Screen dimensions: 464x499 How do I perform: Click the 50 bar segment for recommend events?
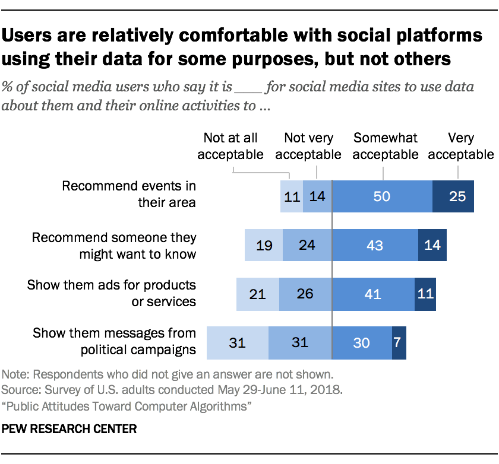pyautogui.click(x=382, y=196)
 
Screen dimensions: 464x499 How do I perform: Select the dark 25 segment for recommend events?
pyautogui.click(x=453, y=196)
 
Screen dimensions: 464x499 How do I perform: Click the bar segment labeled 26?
pyautogui.click(x=305, y=294)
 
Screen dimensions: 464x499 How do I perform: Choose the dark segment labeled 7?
pyautogui.click(x=399, y=343)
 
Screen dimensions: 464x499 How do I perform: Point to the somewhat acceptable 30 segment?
pyautogui.click(x=361, y=343)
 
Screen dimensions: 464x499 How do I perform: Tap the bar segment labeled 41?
pyautogui.click(x=372, y=294)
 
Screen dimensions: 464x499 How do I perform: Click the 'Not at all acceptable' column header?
pyautogui.click(x=230, y=147)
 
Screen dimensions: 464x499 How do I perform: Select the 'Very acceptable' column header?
pyautogui.click(x=460, y=147)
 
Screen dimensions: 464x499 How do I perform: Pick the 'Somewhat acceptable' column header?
pyautogui.click(x=385, y=147)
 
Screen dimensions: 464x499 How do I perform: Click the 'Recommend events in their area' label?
pyautogui.click(x=129, y=195)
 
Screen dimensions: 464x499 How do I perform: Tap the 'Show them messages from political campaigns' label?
pyautogui.click(x=114, y=341)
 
